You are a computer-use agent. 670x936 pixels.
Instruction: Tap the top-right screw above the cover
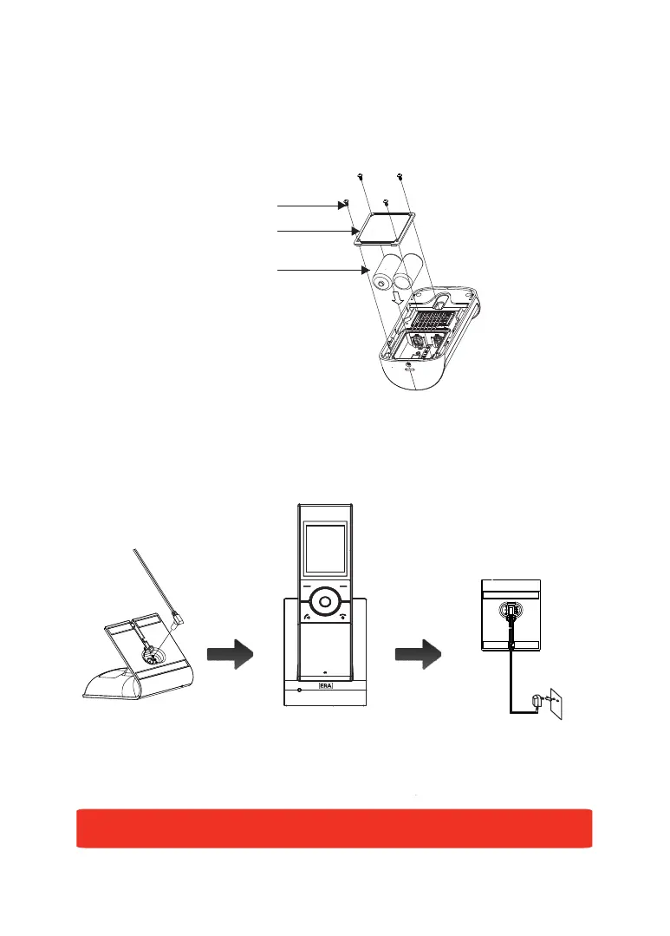(400, 178)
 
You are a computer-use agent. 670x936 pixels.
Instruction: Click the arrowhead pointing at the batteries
(365, 272)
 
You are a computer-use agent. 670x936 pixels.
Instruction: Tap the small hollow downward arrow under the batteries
(397, 298)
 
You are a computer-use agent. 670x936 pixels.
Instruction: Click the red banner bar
(335, 828)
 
